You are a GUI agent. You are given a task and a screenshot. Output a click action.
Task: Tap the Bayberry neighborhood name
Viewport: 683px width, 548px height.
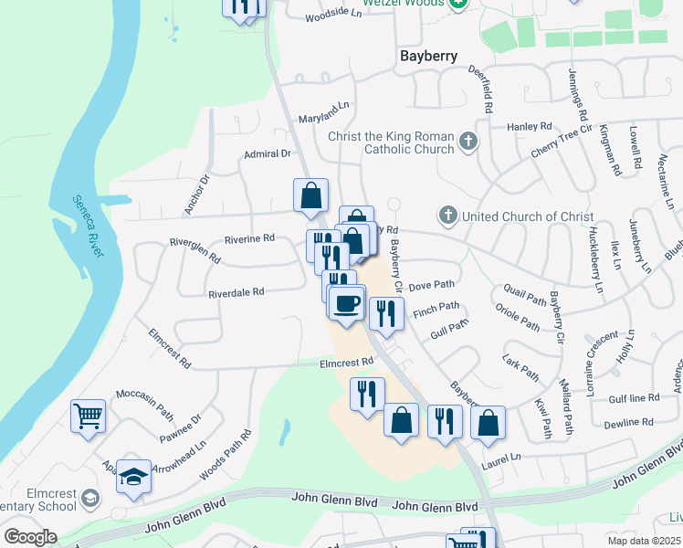pyautogui.click(x=429, y=56)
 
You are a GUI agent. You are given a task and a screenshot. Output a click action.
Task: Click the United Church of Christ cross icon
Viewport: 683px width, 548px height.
pyautogui.click(x=447, y=216)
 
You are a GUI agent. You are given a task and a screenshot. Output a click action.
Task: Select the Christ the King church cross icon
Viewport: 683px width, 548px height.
pyautogui.click(x=468, y=142)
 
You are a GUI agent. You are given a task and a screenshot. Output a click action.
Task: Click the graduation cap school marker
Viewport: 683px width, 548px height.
pyautogui.click(x=133, y=477)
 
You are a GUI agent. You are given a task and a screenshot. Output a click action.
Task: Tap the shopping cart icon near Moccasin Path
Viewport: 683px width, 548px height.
pyautogui.click(x=89, y=416)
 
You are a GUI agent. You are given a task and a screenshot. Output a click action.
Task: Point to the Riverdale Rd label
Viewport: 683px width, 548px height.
pyautogui.click(x=236, y=293)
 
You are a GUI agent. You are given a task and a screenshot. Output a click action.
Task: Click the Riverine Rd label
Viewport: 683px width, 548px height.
pyautogui.click(x=249, y=238)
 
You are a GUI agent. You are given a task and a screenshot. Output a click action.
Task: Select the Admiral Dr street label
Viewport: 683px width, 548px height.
pyautogui.click(x=267, y=154)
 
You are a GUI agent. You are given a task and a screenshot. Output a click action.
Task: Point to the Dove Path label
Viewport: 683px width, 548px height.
pyautogui.click(x=430, y=287)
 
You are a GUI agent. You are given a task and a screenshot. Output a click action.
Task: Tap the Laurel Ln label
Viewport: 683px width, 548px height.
pyautogui.click(x=502, y=456)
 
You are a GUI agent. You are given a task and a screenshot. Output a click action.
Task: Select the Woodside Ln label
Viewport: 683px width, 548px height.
pyautogui.click(x=328, y=15)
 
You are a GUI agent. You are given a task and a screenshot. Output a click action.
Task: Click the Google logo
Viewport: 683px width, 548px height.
pyautogui.click(x=30, y=537)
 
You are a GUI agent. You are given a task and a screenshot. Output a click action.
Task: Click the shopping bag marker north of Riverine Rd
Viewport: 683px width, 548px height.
pyautogui.click(x=310, y=194)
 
